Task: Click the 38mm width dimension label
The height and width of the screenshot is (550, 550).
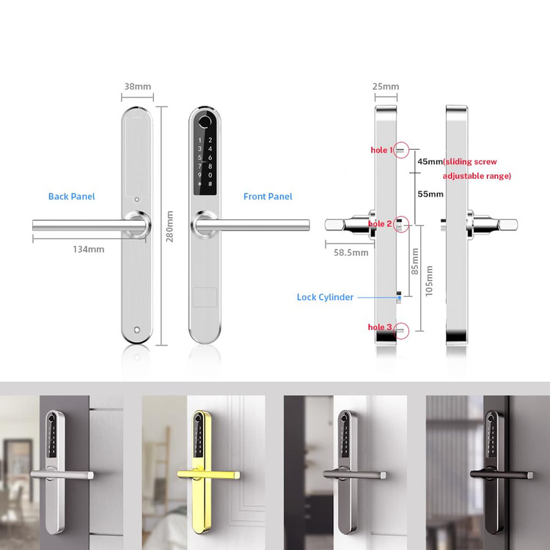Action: [x=138, y=87]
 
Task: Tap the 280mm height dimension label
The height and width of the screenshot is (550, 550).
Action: [x=169, y=227]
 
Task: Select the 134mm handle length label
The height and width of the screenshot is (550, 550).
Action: [x=89, y=249]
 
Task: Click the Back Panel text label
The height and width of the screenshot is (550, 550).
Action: [x=72, y=197]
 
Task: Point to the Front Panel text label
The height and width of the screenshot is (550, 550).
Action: [x=268, y=197]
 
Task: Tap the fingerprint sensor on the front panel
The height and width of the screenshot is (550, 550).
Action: [x=205, y=121]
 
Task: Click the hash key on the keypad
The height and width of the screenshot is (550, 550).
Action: [x=210, y=184]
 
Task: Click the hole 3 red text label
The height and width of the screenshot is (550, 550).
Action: [x=380, y=327]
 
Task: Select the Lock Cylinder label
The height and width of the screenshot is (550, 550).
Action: [x=325, y=297]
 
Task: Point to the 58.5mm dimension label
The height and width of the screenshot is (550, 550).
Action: [x=351, y=252]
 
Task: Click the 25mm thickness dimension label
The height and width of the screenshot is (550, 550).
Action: [x=386, y=87]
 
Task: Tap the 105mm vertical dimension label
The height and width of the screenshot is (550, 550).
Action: [x=429, y=281]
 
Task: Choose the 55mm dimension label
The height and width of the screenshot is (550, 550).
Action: [x=430, y=194]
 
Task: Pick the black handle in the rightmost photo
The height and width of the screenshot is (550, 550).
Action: [x=502, y=474]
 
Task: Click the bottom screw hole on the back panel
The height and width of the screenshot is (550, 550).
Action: [x=137, y=330]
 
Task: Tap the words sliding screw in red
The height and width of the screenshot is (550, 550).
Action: [x=470, y=162]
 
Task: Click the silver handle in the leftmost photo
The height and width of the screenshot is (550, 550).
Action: [x=62, y=474]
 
